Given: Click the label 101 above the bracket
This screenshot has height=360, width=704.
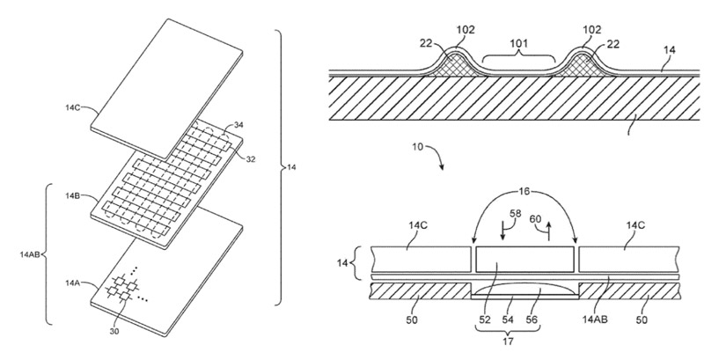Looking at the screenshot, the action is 518,43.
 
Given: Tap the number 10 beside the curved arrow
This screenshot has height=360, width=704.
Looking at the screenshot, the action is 417,147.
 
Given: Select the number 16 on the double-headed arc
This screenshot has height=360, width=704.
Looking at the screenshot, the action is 524,192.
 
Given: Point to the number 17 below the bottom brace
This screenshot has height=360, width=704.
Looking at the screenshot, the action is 508,342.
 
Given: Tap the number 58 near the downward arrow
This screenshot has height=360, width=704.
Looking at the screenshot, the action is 515,214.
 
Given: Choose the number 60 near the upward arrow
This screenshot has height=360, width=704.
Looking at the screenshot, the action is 536,219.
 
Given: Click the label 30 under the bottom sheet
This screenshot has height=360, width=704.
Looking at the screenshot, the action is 114,331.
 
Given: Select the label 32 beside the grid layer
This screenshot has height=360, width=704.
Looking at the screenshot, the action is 250,159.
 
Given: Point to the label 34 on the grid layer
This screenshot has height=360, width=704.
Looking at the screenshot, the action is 238,125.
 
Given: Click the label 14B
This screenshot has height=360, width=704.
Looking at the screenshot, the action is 73,195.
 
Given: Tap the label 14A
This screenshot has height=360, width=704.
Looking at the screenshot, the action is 72,283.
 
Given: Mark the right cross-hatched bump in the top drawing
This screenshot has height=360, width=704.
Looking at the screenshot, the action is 582,66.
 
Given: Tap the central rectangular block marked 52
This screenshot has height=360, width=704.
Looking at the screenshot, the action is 524,259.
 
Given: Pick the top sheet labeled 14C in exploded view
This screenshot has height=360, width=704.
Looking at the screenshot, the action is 167,77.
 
